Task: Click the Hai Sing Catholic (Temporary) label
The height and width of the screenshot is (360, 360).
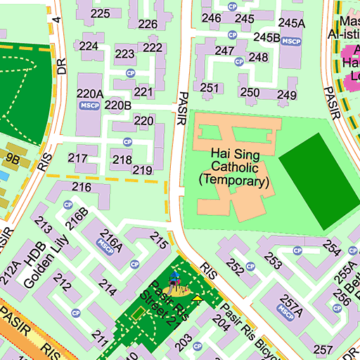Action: (234, 167)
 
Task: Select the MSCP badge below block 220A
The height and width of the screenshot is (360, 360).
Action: (89, 105)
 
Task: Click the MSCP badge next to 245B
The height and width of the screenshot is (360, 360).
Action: (290, 41)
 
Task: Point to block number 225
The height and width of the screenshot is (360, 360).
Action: (100, 13)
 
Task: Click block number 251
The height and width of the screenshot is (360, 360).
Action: (210, 88)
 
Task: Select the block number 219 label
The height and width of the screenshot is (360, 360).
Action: (142, 170)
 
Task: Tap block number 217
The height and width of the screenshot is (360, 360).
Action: (77, 158)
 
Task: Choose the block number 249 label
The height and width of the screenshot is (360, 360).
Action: (287, 95)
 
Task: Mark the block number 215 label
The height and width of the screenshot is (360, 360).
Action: (159, 243)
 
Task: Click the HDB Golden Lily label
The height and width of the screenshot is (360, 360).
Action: (41, 264)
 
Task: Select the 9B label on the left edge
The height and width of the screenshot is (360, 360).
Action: (13, 159)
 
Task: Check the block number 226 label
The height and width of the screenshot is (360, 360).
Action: (148, 24)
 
